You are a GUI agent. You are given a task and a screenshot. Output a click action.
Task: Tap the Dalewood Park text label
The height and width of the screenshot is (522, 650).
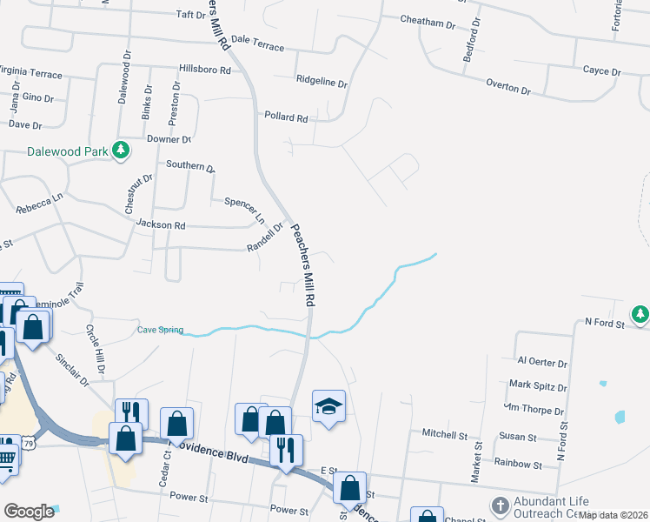tap(68, 151)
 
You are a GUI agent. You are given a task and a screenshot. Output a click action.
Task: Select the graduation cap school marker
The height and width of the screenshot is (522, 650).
tap(328, 406)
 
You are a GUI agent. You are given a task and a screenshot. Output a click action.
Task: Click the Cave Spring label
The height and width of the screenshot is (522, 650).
tap(161, 330)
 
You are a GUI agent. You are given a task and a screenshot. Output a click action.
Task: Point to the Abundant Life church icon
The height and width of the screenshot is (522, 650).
tap(501, 505)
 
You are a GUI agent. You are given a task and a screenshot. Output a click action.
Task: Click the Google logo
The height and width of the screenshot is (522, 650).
tap(30, 512)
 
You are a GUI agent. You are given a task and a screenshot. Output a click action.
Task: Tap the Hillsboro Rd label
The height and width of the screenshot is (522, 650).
tap(203, 70)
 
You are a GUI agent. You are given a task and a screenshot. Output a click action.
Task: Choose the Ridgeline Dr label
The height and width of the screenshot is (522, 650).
tap(322, 84)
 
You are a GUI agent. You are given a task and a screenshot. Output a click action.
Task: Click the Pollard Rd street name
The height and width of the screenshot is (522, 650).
tap(286, 117)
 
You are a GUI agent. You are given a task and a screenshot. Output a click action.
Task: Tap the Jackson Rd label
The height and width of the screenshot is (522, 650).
tap(161, 224)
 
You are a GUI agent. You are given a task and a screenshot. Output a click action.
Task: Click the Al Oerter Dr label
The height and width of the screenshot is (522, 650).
tap(541, 362)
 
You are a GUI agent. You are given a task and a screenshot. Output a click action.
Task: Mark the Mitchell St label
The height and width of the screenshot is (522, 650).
tap(445, 433)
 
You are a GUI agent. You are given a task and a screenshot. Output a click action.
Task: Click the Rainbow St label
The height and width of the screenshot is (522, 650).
tap(518, 465)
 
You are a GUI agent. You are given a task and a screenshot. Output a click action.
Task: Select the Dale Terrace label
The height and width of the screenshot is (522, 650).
tap(257, 43)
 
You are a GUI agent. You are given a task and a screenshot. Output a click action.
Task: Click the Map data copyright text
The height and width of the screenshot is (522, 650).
tap(614, 515)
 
